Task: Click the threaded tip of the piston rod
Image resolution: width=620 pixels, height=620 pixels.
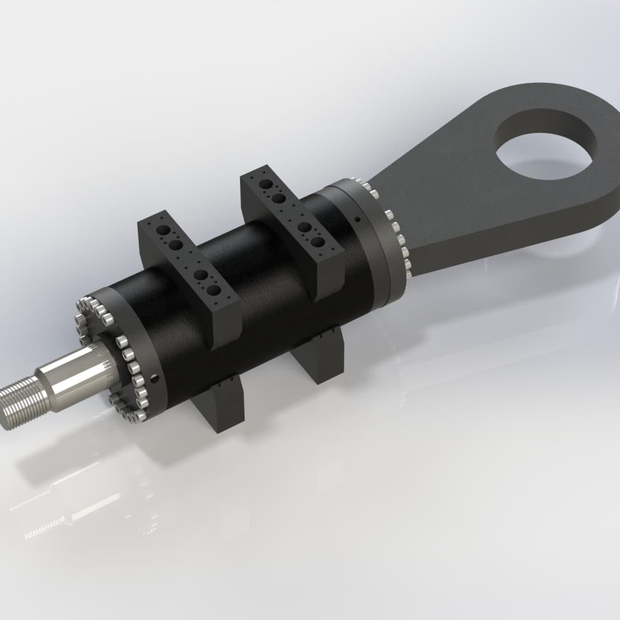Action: click(17, 405)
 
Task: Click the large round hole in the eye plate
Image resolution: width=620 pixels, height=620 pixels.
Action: click(545, 150)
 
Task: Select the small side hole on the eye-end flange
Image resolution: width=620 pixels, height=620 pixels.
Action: click(357, 219)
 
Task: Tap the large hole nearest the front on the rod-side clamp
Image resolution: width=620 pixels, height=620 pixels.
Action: click(213, 290)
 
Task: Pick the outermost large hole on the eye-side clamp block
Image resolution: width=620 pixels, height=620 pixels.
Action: click(266, 184)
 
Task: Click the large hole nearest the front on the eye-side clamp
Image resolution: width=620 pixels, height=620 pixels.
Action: click(317, 242)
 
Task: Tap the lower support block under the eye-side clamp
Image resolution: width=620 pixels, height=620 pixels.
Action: click(321, 359)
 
